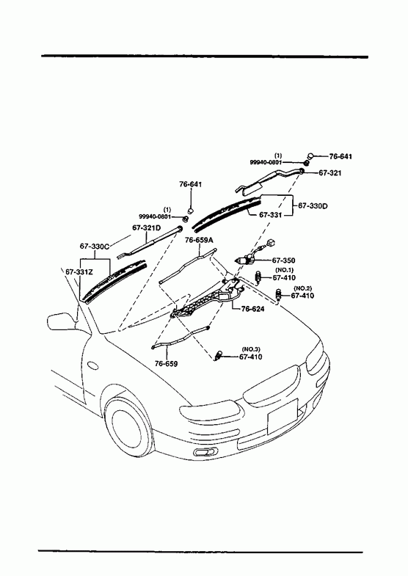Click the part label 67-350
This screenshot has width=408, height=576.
[283, 260]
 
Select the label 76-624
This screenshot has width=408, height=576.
[252, 309]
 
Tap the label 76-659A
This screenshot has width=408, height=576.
[199, 240]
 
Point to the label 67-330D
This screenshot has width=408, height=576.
[313, 206]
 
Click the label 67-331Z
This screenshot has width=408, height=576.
[79, 271]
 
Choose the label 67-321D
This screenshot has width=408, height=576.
[147, 227]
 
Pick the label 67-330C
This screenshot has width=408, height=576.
[95, 246]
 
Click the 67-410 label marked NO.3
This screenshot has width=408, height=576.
[250, 357]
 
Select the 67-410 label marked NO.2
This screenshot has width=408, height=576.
[302, 296]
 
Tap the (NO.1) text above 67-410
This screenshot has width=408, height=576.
[284, 270]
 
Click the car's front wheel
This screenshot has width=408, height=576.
[127, 426]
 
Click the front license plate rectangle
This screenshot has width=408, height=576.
[282, 417]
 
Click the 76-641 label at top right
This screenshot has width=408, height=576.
[340, 156]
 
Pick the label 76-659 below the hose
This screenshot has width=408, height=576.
[166, 364]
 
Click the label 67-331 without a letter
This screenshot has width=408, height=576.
[271, 215]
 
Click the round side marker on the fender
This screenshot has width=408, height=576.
[93, 365]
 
